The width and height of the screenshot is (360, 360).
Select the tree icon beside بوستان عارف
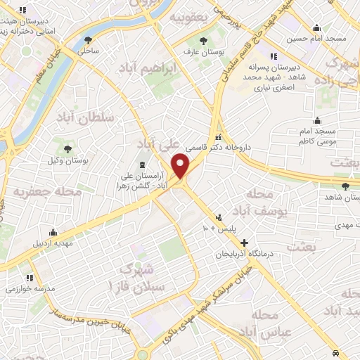203,41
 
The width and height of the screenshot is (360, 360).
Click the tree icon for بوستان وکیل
68,149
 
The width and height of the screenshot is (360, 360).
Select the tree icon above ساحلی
88,39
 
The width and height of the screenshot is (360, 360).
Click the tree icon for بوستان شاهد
345,186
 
